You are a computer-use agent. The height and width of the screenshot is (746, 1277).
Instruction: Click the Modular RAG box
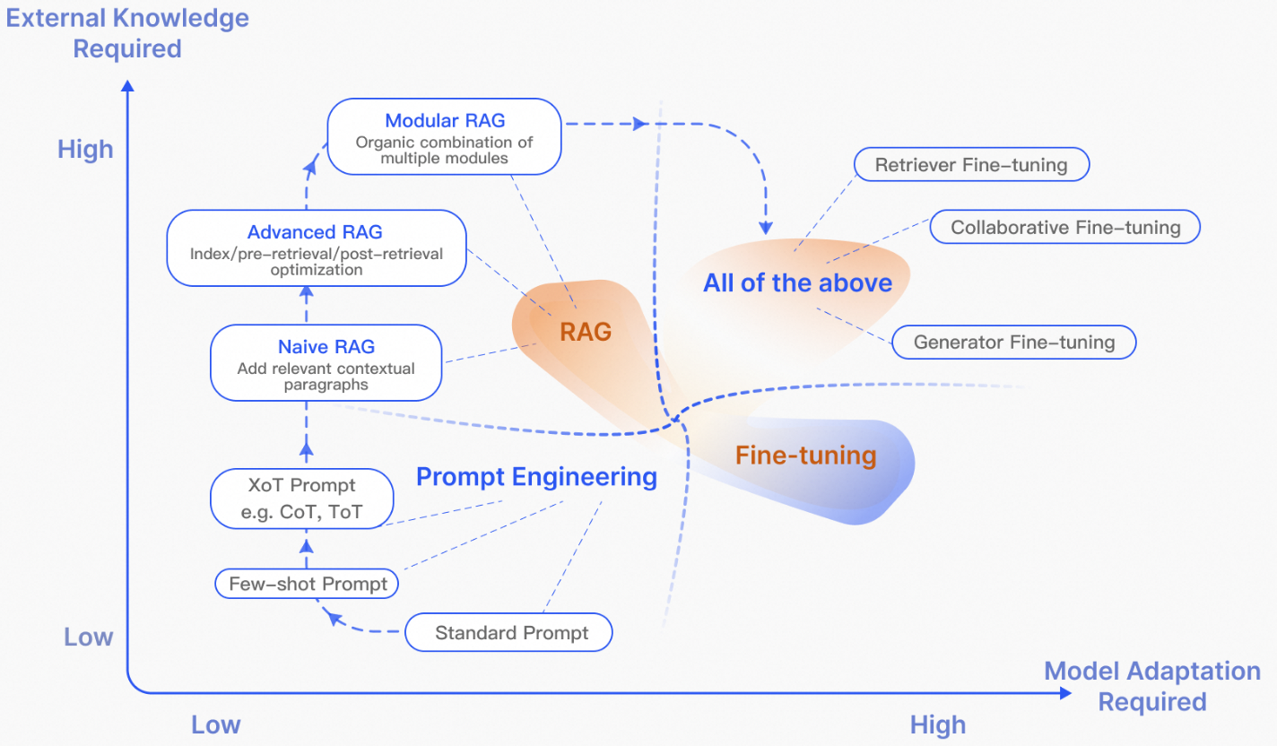pyautogui.click(x=444, y=137)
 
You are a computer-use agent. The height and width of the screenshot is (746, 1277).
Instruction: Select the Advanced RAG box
pyautogui.click(x=317, y=248)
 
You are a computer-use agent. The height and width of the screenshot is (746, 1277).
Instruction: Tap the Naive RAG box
pyautogui.click(x=326, y=363)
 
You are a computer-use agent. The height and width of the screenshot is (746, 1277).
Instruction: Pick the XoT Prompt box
pyautogui.click(x=301, y=499)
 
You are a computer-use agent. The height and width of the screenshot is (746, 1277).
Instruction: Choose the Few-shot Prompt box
pyautogui.click(x=307, y=584)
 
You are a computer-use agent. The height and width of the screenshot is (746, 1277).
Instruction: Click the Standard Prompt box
pyautogui.click(x=509, y=633)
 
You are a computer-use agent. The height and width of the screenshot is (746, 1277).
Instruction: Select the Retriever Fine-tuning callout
pyautogui.click(x=971, y=165)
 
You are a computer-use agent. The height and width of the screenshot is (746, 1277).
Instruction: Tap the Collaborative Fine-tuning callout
pyautogui.click(x=1065, y=227)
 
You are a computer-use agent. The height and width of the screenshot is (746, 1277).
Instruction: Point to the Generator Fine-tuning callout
pyautogui.click(x=1013, y=342)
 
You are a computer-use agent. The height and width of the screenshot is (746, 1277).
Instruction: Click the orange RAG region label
pyautogui.click(x=586, y=332)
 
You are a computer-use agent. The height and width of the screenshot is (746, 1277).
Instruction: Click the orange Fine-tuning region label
pyautogui.click(x=805, y=455)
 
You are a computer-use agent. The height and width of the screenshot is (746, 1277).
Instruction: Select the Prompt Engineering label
pyautogui.click(x=536, y=477)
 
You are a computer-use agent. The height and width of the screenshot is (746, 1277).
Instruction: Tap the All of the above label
pyautogui.click(x=797, y=282)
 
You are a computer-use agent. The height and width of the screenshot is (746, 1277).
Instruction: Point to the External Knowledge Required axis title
pyautogui.click(x=127, y=33)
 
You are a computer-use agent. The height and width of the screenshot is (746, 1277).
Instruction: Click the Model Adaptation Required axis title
pyautogui.click(x=1152, y=686)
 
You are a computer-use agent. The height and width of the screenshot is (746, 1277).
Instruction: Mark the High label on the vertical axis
pyautogui.click(x=85, y=150)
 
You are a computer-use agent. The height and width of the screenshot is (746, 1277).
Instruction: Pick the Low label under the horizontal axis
pyautogui.click(x=215, y=724)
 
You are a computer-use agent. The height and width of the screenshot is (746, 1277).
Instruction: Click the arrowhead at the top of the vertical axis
pyautogui.click(x=127, y=85)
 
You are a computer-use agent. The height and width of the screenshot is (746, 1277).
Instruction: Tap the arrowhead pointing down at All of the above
pyautogui.click(x=766, y=228)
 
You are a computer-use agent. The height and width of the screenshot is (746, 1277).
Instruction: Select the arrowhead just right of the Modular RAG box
pyautogui.click(x=640, y=124)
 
